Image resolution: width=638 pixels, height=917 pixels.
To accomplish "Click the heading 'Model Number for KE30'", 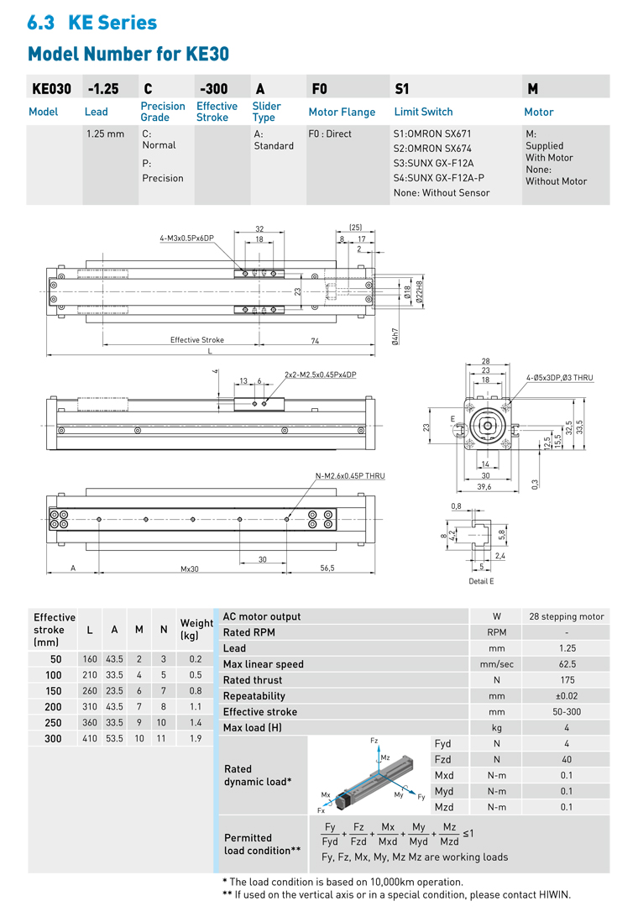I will click(x=128, y=54).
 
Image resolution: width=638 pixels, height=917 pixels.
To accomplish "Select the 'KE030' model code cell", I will click(x=52, y=88).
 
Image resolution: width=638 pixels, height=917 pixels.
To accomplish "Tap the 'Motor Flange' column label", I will click(x=342, y=112).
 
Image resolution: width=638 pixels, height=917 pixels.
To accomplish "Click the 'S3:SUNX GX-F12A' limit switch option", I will click(x=433, y=163).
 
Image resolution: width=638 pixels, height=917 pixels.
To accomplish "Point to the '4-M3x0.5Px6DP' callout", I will click(x=187, y=238).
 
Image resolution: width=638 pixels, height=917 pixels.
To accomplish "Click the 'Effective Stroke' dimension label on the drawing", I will click(x=197, y=340).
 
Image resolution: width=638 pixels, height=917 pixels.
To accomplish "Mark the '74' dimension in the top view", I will click(x=315, y=340).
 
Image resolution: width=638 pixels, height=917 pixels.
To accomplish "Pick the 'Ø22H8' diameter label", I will click(x=419, y=292).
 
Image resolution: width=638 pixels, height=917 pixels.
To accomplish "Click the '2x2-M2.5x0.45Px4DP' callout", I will click(x=320, y=375).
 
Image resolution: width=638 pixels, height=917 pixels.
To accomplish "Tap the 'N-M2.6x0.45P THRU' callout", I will click(x=350, y=476).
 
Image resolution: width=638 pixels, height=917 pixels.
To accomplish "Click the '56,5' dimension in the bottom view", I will click(x=327, y=569).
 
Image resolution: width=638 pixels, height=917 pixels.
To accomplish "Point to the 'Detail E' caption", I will click(x=481, y=581).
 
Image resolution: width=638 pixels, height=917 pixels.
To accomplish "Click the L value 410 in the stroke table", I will click(x=90, y=738).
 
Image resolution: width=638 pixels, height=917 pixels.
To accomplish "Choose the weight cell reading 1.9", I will click(x=196, y=738).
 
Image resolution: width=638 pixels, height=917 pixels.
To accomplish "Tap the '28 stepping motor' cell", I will click(x=567, y=616).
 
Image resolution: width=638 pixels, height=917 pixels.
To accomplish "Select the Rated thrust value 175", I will click(x=567, y=680).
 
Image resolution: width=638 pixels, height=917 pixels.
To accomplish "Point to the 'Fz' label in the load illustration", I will click(x=374, y=741).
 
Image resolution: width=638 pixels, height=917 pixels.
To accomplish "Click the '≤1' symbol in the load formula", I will click(x=468, y=833).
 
